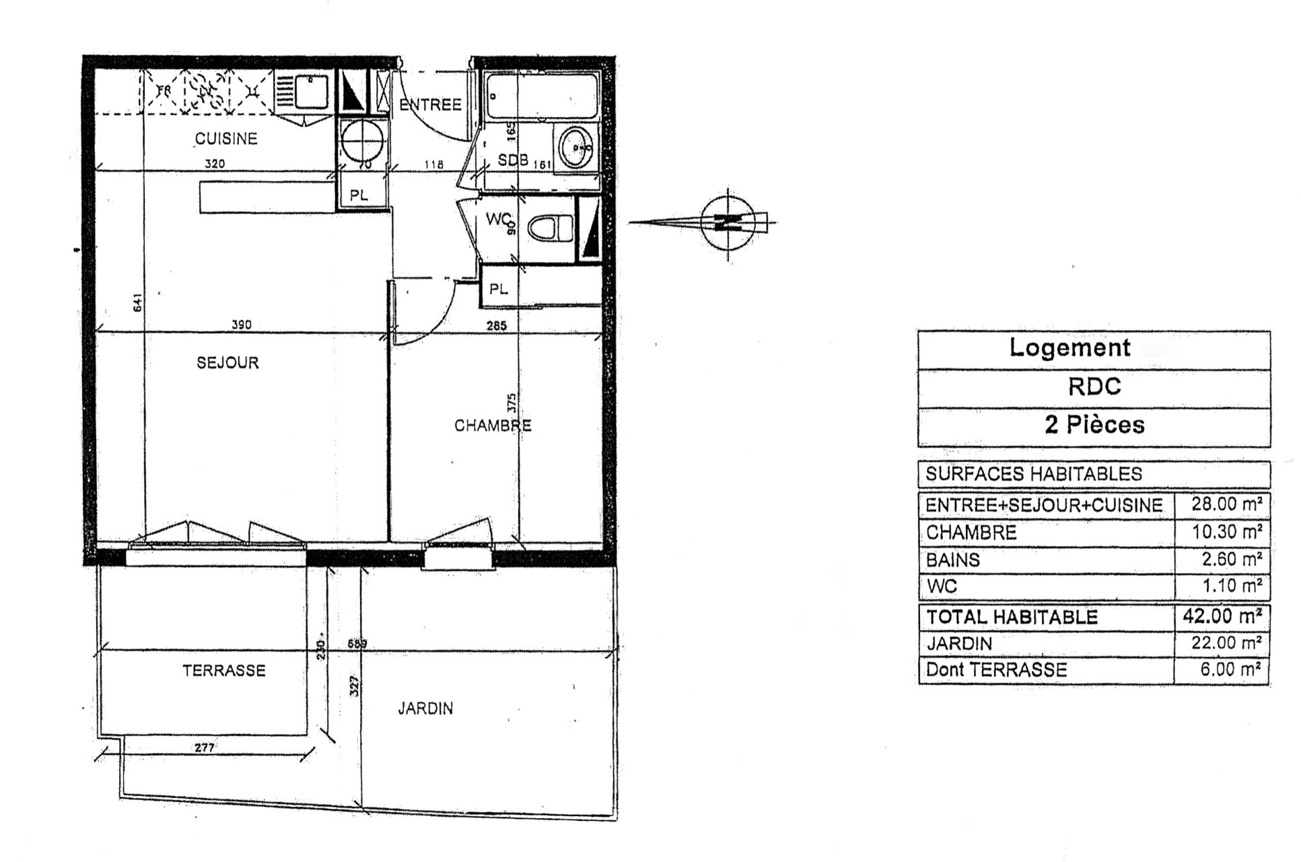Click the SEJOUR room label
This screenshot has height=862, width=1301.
pyautogui.click(x=227, y=363)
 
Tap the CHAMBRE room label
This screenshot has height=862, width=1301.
pyautogui.click(x=492, y=426)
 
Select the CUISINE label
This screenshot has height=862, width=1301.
pyautogui.click(x=226, y=139)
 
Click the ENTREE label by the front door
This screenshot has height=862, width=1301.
pyautogui.click(x=431, y=105)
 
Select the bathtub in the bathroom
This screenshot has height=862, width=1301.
pyautogui.click(x=541, y=96)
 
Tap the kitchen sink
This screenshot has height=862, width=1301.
pyautogui.click(x=310, y=92)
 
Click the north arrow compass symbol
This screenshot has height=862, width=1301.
pyautogui.click(x=727, y=222)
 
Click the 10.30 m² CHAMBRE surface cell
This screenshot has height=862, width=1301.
pyautogui.click(x=1222, y=532)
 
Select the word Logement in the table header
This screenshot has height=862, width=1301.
pyautogui.click(x=1069, y=348)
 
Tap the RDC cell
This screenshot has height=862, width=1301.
pyautogui.click(x=1094, y=387)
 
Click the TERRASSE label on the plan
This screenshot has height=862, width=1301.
pyautogui.click(x=224, y=671)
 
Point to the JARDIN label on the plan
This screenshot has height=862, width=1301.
pyautogui.click(x=425, y=708)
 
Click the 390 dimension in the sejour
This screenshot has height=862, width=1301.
pyautogui.click(x=242, y=325)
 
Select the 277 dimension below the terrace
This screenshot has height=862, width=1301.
pyautogui.click(x=203, y=748)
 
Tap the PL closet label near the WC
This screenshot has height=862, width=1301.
pyautogui.click(x=498, y=290)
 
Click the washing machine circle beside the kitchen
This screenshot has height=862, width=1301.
pyautogui.click(x=363, y=142)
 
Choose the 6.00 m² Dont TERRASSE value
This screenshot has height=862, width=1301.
pyautogui.click(x=1222, y=670)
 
